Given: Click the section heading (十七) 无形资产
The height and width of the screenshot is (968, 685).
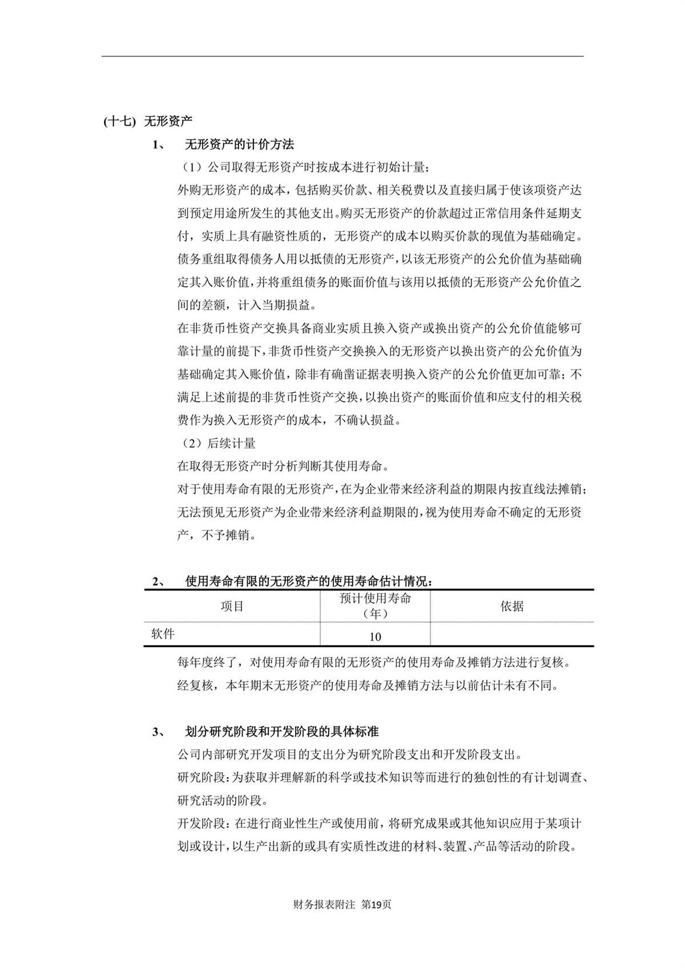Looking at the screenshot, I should tap(148, 121).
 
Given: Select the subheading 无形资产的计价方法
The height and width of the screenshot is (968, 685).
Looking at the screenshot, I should tap(240, 144).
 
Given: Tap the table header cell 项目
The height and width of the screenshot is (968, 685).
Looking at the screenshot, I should tap(232, 606).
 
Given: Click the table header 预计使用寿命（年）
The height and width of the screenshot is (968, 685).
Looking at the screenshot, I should tap(375, 606).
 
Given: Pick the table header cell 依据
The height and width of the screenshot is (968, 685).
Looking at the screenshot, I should tap(511, 606).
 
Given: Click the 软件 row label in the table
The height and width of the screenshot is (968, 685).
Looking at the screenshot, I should tap(163, 634).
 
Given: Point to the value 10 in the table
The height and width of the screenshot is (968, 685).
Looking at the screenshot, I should tap(375, 636).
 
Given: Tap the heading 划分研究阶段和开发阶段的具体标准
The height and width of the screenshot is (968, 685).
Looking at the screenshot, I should tap(282, 731).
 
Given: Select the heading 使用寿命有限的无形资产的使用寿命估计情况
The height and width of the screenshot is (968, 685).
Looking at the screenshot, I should tap(309, 582).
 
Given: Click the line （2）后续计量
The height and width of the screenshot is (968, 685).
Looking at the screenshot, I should tap(219, 443).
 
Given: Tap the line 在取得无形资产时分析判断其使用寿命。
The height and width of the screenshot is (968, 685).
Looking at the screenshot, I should tap(284, 466).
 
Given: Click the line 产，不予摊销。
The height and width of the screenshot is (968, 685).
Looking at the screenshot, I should tap(217, 535).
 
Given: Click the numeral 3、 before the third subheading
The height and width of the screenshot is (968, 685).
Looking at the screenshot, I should tap(159, 732).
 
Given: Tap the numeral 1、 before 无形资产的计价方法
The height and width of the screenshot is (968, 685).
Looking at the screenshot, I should tap(159, 145).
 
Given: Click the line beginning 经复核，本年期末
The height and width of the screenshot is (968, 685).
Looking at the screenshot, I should tap(368, 685).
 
